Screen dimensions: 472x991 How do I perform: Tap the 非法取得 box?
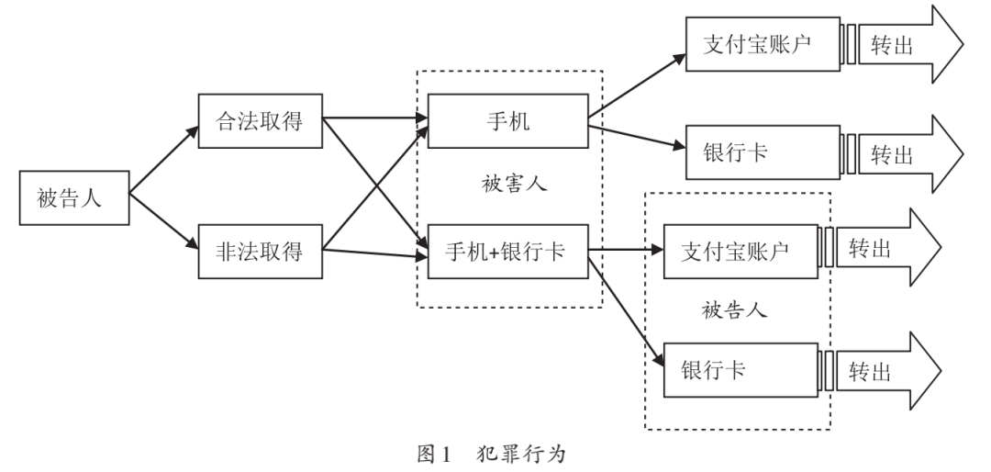(x=262, y=249)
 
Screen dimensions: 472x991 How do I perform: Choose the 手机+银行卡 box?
(x=507, y=249)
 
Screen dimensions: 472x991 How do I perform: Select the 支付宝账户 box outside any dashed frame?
(x=763, y=43)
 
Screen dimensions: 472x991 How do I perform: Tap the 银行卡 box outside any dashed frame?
(x=763, y=152)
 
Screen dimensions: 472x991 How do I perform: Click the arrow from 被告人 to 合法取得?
(x=163, y=160)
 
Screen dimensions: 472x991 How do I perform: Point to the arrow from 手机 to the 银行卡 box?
(x=636, y=135)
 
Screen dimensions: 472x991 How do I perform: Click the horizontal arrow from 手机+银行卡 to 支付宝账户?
(x=624, y=249)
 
